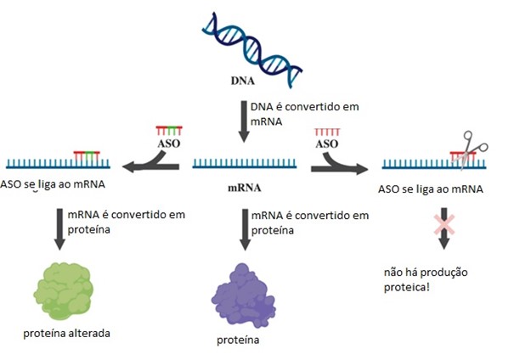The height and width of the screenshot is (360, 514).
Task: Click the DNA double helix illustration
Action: click(x=251, y=49)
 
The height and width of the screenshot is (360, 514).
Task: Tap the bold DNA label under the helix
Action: click(x=243, y=81)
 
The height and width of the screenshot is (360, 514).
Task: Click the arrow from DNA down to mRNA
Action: click(x=244, y=121)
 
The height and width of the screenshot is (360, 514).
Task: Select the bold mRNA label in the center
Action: click(x=245, y=188)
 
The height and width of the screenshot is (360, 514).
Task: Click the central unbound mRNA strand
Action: click(x=245, y=164)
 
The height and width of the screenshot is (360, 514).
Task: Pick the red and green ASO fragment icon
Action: click(x=169, y=131)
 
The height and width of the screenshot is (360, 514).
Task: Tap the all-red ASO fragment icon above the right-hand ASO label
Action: click(x=327, y=132)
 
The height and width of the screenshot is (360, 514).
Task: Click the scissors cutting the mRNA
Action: click(x=471, y=149)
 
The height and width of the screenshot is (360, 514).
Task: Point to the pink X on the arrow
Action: click(x=444, y=225)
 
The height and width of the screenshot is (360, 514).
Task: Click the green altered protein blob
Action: click(x=63, y=291)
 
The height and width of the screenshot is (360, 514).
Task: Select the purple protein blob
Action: click(x=243, y=295)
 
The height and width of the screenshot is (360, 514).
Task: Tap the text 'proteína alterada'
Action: click(x=66, y=334)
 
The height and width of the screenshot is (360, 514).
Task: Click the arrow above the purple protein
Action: click(x=245, y=229)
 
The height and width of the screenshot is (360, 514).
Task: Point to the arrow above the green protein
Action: click(x=59, y=229)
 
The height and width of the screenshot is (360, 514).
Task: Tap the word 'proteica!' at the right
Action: click(x=406, y=288)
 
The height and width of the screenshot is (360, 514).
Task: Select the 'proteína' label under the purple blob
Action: click(x=238, y=340)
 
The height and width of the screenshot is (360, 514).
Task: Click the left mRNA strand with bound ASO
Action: click(x=59, y=163)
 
